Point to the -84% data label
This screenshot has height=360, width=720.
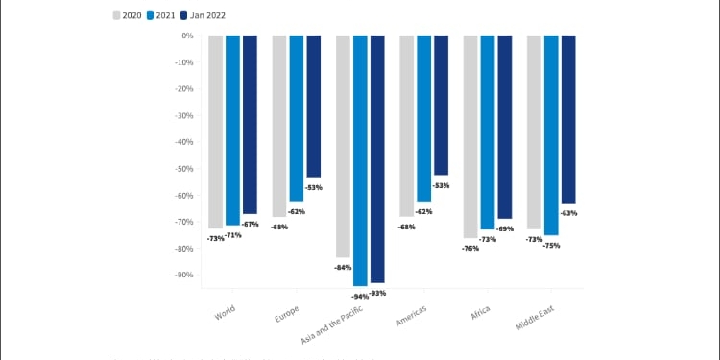click(343, 267)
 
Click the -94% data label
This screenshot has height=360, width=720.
click(360, 297)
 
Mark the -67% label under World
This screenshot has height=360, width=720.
click(251, 224)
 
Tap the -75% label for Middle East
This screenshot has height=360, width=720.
click(551, 246)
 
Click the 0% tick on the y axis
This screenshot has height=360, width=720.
click(187, 36)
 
